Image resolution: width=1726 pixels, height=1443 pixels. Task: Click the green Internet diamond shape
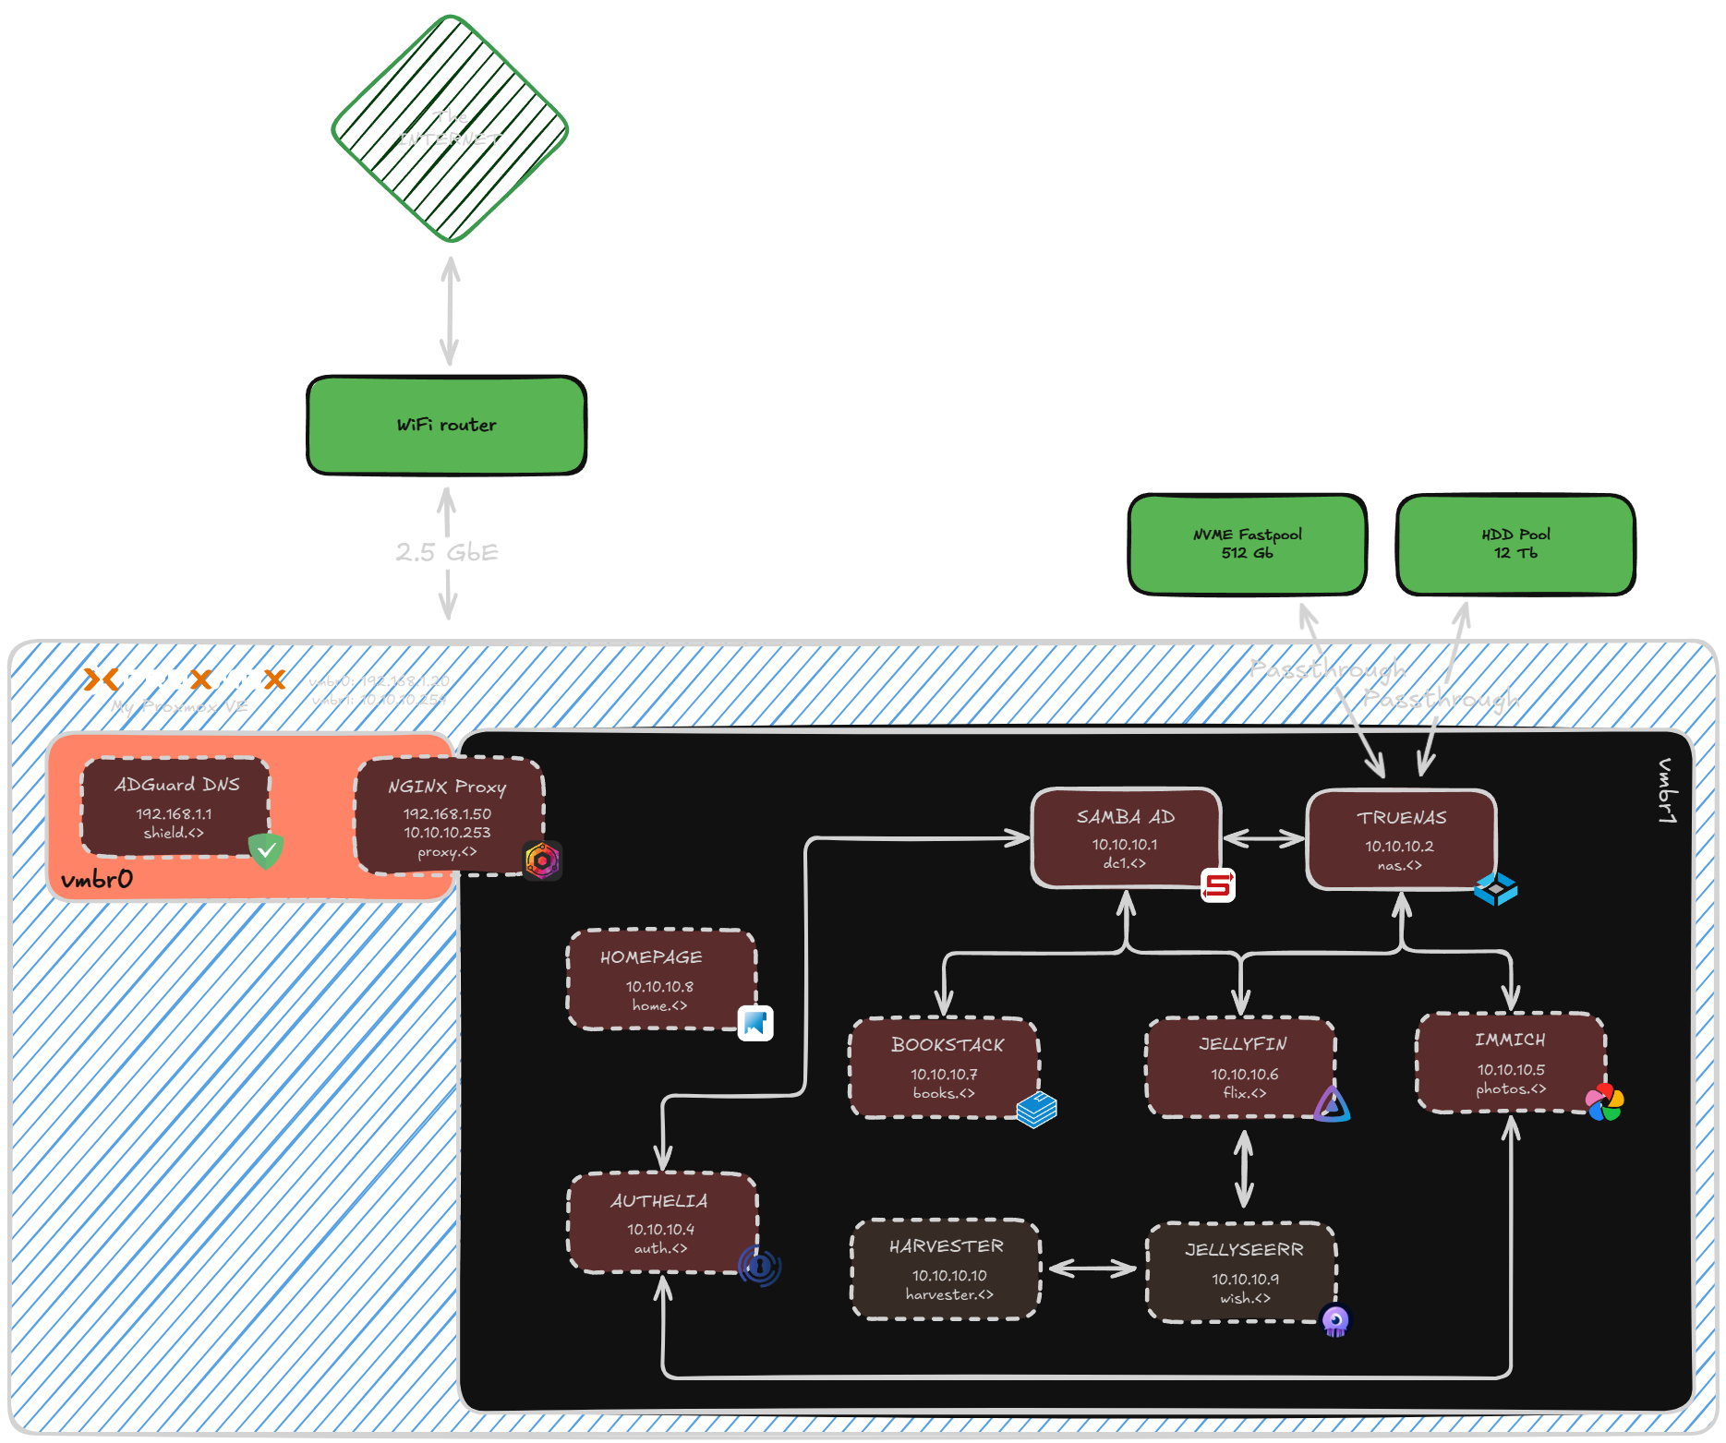(450, 128)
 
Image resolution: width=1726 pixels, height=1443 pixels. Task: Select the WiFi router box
(447, 425)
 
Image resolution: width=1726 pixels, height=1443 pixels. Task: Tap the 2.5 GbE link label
(447, 552)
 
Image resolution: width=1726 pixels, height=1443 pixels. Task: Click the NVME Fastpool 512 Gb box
(1247, 544)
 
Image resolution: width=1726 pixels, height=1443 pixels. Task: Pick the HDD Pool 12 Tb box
(1515, 544)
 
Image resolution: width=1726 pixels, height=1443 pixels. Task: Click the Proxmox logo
(185, 679)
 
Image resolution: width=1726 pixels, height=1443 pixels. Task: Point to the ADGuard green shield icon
(266, 850)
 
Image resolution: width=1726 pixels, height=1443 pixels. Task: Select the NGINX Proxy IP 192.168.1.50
(447, 813)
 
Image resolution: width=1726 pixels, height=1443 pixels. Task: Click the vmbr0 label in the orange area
(97, 879)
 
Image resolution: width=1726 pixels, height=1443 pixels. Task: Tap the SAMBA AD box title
(1125, 817)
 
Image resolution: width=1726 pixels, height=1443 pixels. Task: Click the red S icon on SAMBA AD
(1218, 885)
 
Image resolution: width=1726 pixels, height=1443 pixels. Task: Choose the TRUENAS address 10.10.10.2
(1399, 846)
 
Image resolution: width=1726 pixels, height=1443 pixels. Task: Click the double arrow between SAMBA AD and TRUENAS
(1263, 838)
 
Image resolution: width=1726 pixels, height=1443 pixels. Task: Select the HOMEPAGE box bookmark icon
(755, 1023)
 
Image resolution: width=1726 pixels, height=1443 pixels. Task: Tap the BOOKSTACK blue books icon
(1036, 1109)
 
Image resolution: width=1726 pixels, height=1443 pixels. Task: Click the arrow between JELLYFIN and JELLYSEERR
(1244, 1168)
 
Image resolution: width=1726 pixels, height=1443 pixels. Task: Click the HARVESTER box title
(946, 1246)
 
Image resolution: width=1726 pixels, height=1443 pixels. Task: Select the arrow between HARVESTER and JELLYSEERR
(1092, 1269)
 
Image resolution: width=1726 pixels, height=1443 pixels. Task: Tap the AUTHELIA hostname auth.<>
(660, 1248)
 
